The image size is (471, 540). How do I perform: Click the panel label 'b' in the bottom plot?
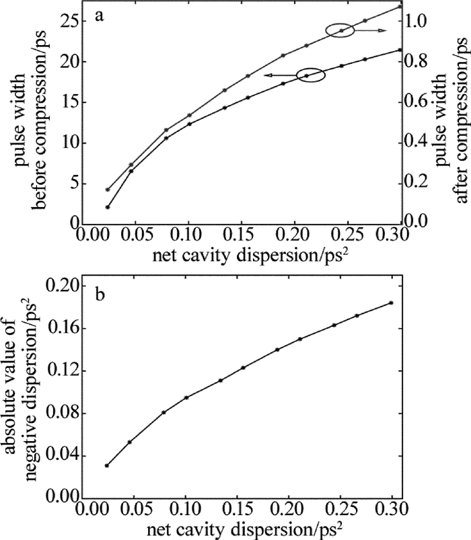99,295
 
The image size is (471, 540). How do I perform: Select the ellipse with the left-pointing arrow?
310,75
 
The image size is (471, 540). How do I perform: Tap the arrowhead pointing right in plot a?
385,31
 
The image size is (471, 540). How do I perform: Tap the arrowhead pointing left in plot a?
266,76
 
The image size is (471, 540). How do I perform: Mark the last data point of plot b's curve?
390,303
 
